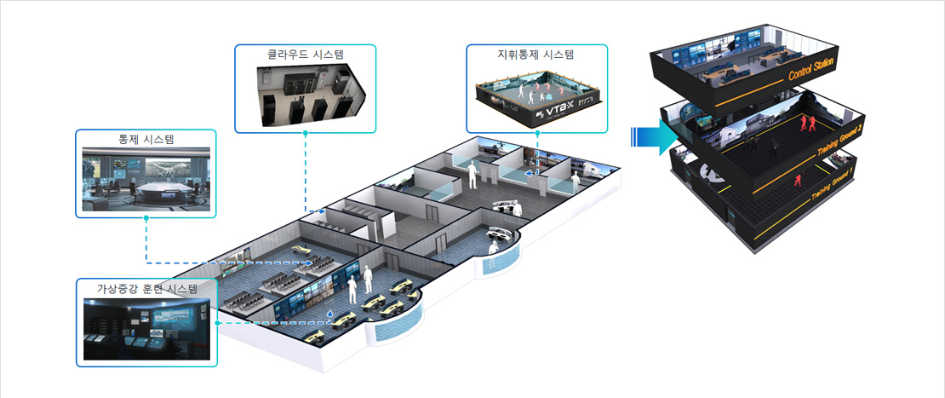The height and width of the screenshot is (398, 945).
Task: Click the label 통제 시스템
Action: pos(146,139)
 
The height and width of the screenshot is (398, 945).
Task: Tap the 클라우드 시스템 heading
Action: pos(306,54)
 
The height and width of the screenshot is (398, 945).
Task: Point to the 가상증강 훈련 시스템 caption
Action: pos(146,288)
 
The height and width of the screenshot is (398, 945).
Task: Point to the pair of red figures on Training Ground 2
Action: pos(805,124)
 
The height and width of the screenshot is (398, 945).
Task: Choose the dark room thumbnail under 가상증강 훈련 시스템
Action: pos(146,328)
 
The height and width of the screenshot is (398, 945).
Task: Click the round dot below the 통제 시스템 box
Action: pos(146,218)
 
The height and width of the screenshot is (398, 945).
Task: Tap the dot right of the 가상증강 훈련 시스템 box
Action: pos(219,323)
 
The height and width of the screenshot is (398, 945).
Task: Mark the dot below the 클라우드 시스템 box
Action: pos(306,134)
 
